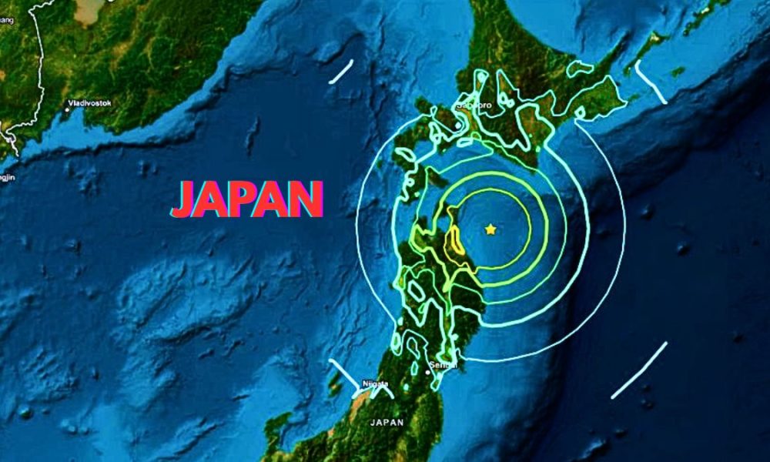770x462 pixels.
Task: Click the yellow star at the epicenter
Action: coord(490,229)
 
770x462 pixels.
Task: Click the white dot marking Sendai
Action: coord(428,373)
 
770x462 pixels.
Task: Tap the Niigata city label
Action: coord(375,384)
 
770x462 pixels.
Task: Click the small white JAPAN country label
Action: coord(387,423)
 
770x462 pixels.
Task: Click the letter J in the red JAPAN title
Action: coord(186,199)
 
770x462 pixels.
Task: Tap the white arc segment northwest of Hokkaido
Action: coord(341,71)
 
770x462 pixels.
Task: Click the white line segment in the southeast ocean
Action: coord(639,370)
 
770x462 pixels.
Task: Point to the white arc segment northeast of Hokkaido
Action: coord(651,82)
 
